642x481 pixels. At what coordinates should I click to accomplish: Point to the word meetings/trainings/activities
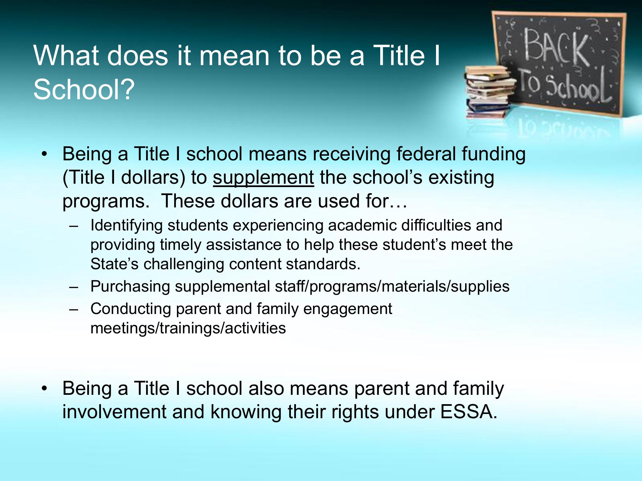coord(188,329)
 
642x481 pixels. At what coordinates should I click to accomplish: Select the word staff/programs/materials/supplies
coord(392,287)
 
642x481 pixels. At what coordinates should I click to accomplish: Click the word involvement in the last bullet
coord(114,412)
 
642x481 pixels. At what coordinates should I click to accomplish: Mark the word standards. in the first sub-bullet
coord(323,264)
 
